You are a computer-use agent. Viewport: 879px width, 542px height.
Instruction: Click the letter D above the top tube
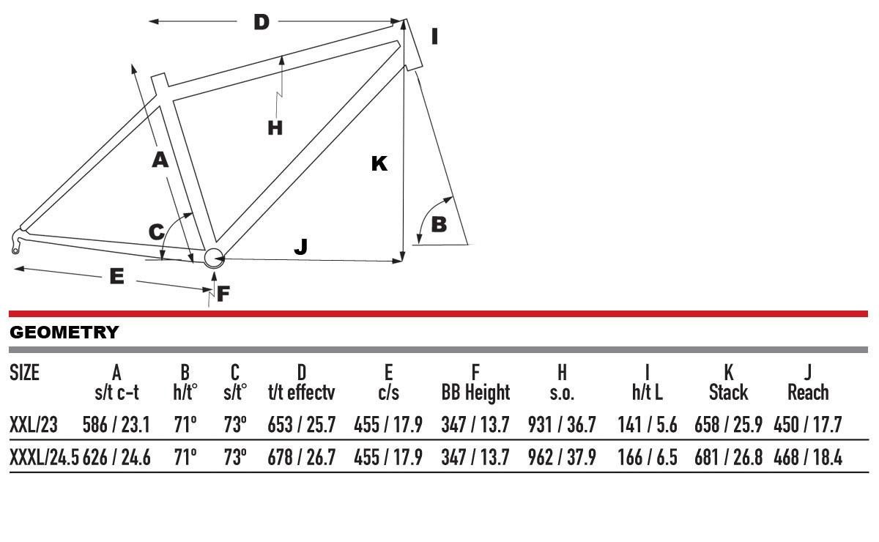262,22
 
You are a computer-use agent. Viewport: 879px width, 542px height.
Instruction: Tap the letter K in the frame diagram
379,163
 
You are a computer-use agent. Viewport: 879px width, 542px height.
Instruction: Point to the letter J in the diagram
301,247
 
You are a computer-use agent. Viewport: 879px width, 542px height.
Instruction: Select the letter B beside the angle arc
439,225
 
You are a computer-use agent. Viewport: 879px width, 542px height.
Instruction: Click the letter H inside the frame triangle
275,128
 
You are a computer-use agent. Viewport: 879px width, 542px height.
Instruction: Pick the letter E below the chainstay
117,276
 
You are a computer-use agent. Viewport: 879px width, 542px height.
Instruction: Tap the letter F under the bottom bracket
223,294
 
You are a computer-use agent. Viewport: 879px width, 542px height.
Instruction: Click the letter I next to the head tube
434,37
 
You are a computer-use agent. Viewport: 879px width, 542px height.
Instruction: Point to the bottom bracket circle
213,259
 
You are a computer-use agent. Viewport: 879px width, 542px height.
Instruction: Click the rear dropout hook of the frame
15,242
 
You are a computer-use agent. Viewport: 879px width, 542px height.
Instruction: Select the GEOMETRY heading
64,333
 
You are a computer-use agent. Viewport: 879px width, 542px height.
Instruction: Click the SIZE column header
24,373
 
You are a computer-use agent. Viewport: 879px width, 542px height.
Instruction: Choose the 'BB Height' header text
475,393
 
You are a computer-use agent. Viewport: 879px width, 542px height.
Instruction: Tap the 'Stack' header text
728,393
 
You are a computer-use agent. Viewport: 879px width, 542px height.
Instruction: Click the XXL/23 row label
34,425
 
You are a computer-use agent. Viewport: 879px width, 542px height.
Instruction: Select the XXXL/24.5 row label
45,457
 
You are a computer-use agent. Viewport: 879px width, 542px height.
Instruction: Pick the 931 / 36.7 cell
562,425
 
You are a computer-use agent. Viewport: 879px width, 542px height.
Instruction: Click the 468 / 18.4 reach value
808,457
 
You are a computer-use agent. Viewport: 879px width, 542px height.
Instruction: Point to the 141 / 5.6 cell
648,425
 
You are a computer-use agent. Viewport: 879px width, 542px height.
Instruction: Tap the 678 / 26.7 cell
301,457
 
